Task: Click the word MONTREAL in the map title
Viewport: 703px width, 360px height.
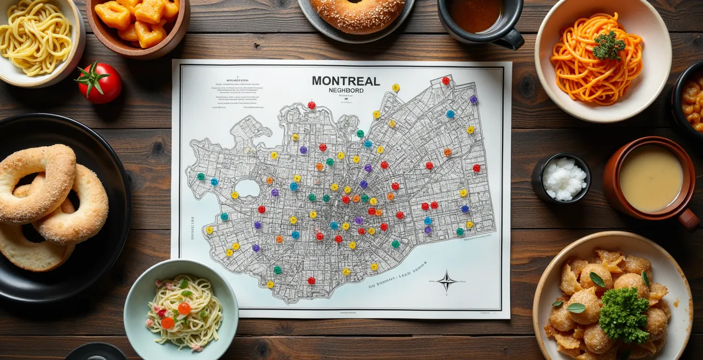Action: (346, 81)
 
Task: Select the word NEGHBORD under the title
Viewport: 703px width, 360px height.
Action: (346, 91)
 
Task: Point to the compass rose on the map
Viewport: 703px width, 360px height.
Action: (446, 281)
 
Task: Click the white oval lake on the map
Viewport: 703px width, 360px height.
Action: (247, 187)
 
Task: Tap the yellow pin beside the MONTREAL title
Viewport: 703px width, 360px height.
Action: (395, 87)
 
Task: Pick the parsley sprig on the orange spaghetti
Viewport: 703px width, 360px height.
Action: (608, 46)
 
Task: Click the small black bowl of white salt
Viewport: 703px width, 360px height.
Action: (563, 178)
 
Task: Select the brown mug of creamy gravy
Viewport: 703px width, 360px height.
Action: (649, 178)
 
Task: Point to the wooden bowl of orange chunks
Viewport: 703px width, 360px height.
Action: (138, 24)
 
